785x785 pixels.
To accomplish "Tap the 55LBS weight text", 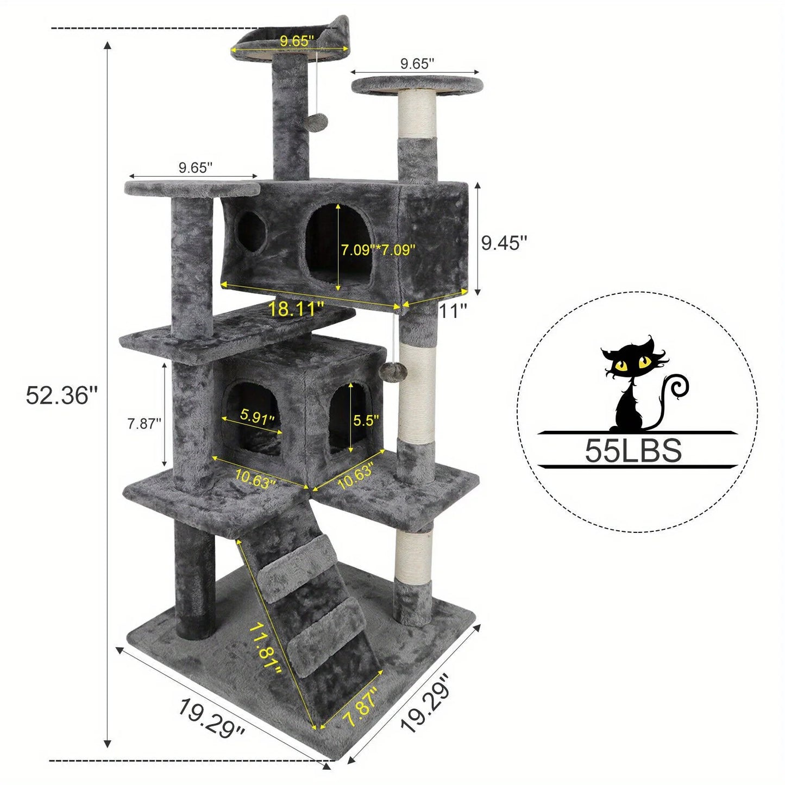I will coord(633,450).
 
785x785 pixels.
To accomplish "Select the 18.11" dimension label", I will coord(296,309).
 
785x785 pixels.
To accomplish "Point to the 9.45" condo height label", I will coord(504,243).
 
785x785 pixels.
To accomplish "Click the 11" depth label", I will coord(453,311).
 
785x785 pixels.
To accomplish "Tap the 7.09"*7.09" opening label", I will coord(378,249).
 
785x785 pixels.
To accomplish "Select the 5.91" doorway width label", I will coord(258,418).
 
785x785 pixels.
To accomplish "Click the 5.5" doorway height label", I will coord(366,420).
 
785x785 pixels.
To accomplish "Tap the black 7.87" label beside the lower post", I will coord(145,423).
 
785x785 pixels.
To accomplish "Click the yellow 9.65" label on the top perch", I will coord(297,41).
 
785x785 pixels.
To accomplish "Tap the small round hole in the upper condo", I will coord(250,232).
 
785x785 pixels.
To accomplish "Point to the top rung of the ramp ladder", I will coord(298,560).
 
